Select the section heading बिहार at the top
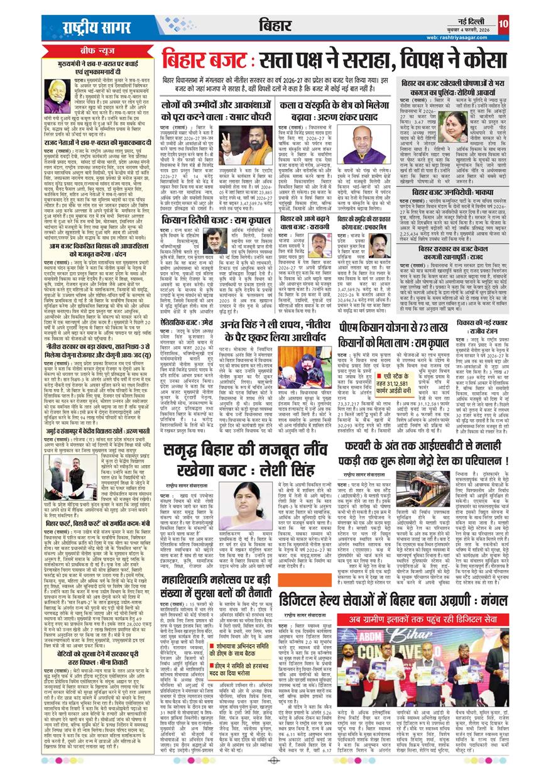point(275,25)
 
